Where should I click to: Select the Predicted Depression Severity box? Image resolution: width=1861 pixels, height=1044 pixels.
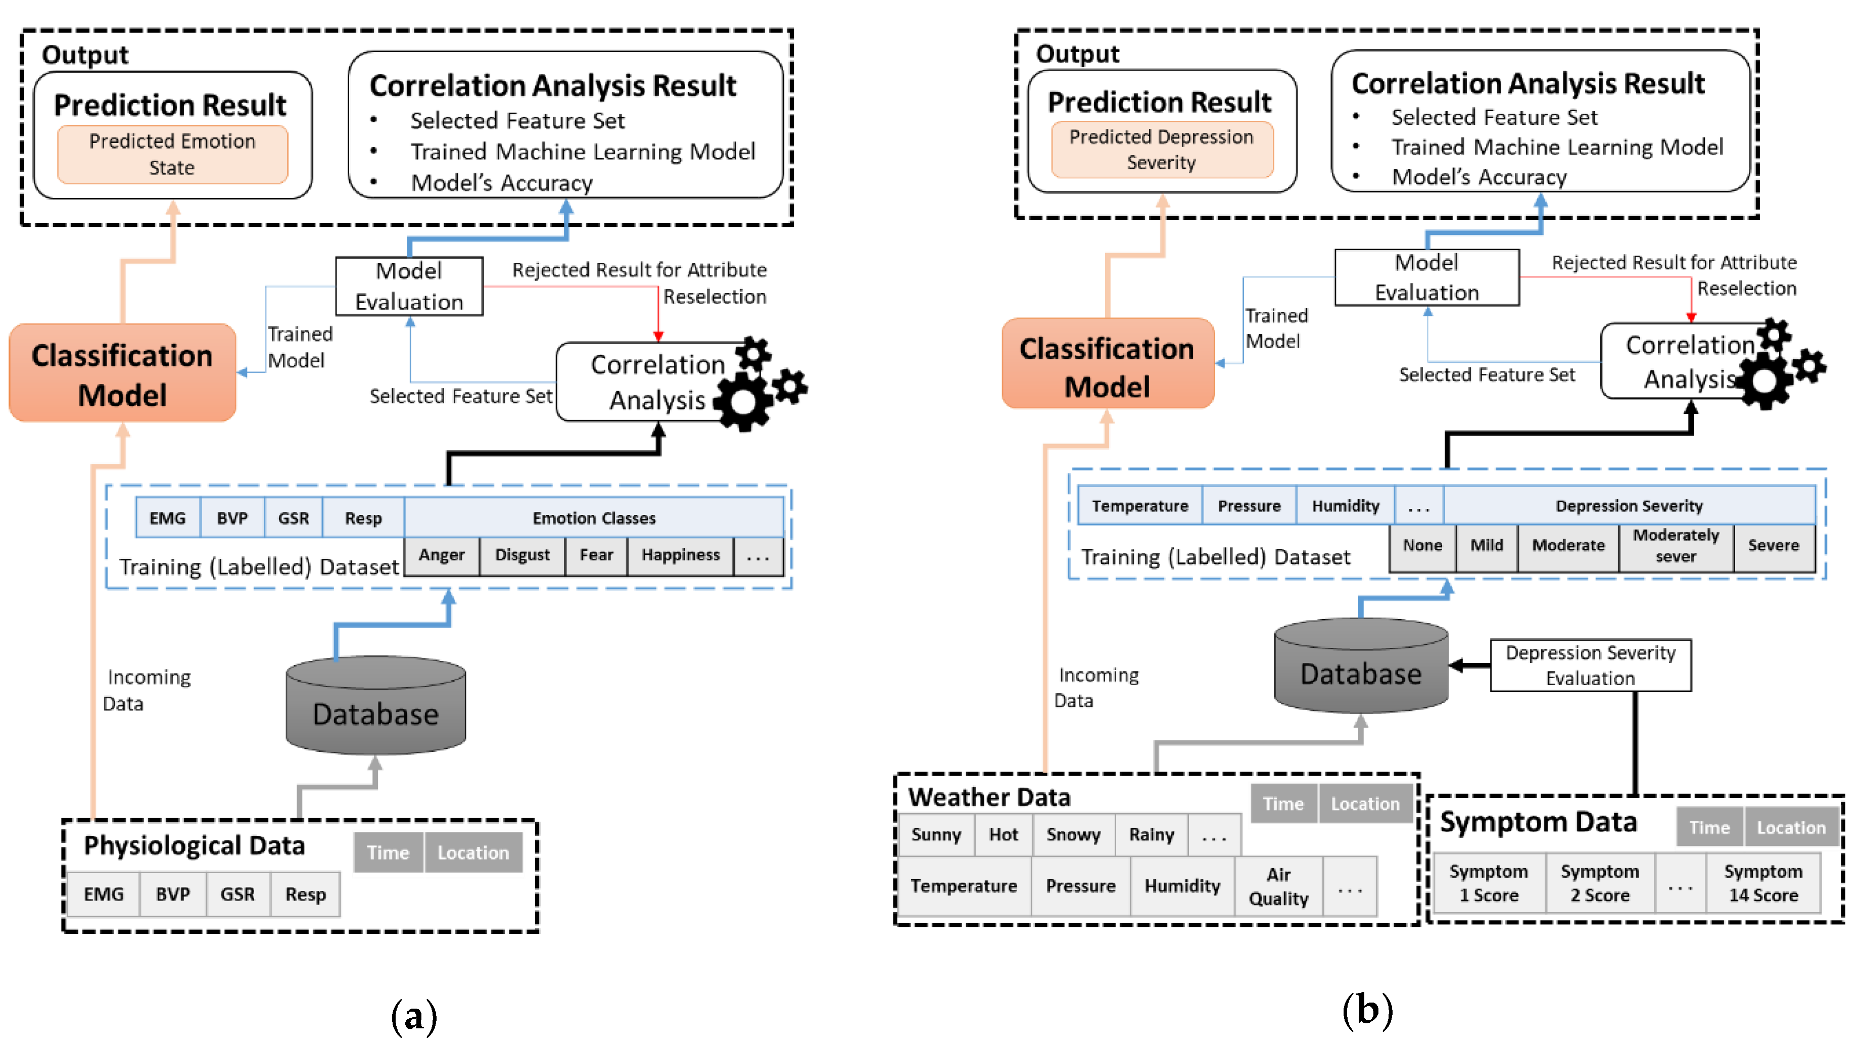[x=1161, y=150]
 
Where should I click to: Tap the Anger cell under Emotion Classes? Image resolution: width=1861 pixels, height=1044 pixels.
[x=442, y=555]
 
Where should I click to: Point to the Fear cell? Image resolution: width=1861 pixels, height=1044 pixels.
[x=596, y=555]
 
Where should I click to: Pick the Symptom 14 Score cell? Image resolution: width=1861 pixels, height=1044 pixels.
[x=1763, y=884]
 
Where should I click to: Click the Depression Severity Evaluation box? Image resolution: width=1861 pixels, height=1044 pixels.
[x=1590, y=666]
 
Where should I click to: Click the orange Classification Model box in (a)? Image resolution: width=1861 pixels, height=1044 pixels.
[x=122, y=373]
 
